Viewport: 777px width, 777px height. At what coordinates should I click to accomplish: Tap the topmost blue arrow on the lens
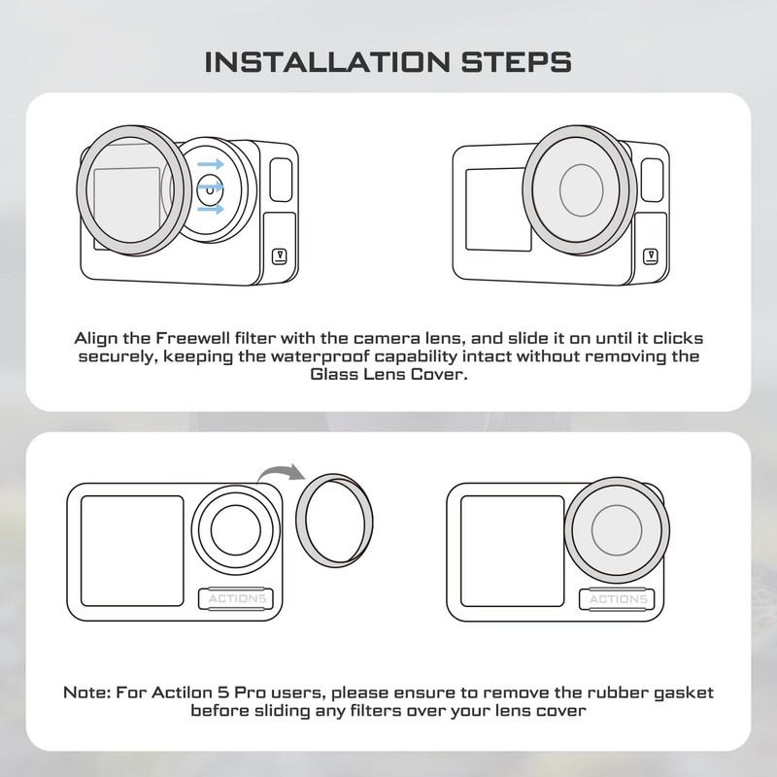click(211, 165)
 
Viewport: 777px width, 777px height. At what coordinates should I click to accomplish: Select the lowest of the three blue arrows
click(211, 209)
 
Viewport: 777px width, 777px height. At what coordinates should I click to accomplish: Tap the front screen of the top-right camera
click(495, 208)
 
